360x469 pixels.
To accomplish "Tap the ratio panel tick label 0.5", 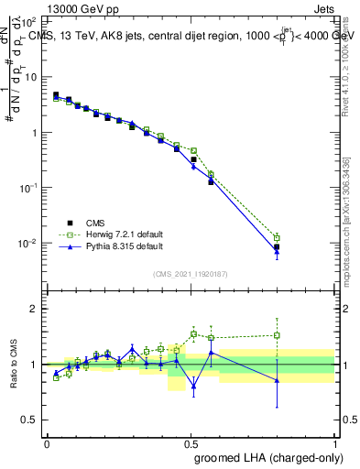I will (x=30, y=420).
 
